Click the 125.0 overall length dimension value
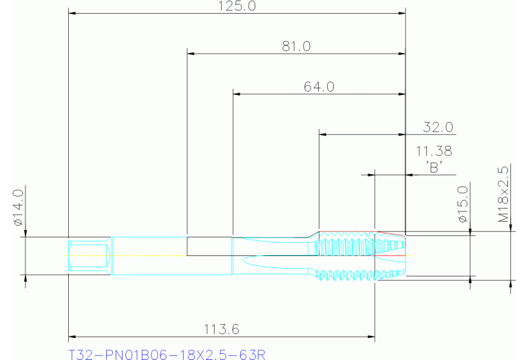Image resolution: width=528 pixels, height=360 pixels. click(x=237, y=7)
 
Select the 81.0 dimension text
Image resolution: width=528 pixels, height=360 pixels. click(x=296, y=47)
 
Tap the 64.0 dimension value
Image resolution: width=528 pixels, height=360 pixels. click(x=319, y=87)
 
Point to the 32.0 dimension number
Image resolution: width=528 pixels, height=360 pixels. click(x=438, y=127)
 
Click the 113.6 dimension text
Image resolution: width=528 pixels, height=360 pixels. click(x=222, y=330)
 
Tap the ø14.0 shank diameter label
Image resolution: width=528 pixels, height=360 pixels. click(x=19, y=207)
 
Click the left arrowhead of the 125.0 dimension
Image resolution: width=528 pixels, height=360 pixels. click(x=72, y=13)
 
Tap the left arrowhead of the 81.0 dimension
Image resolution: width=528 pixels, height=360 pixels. click(x=191, y=53)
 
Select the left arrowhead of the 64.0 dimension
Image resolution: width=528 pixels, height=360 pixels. click(x=236, y=94)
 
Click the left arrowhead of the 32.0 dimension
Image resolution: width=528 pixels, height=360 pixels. click(x=322, y=134)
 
